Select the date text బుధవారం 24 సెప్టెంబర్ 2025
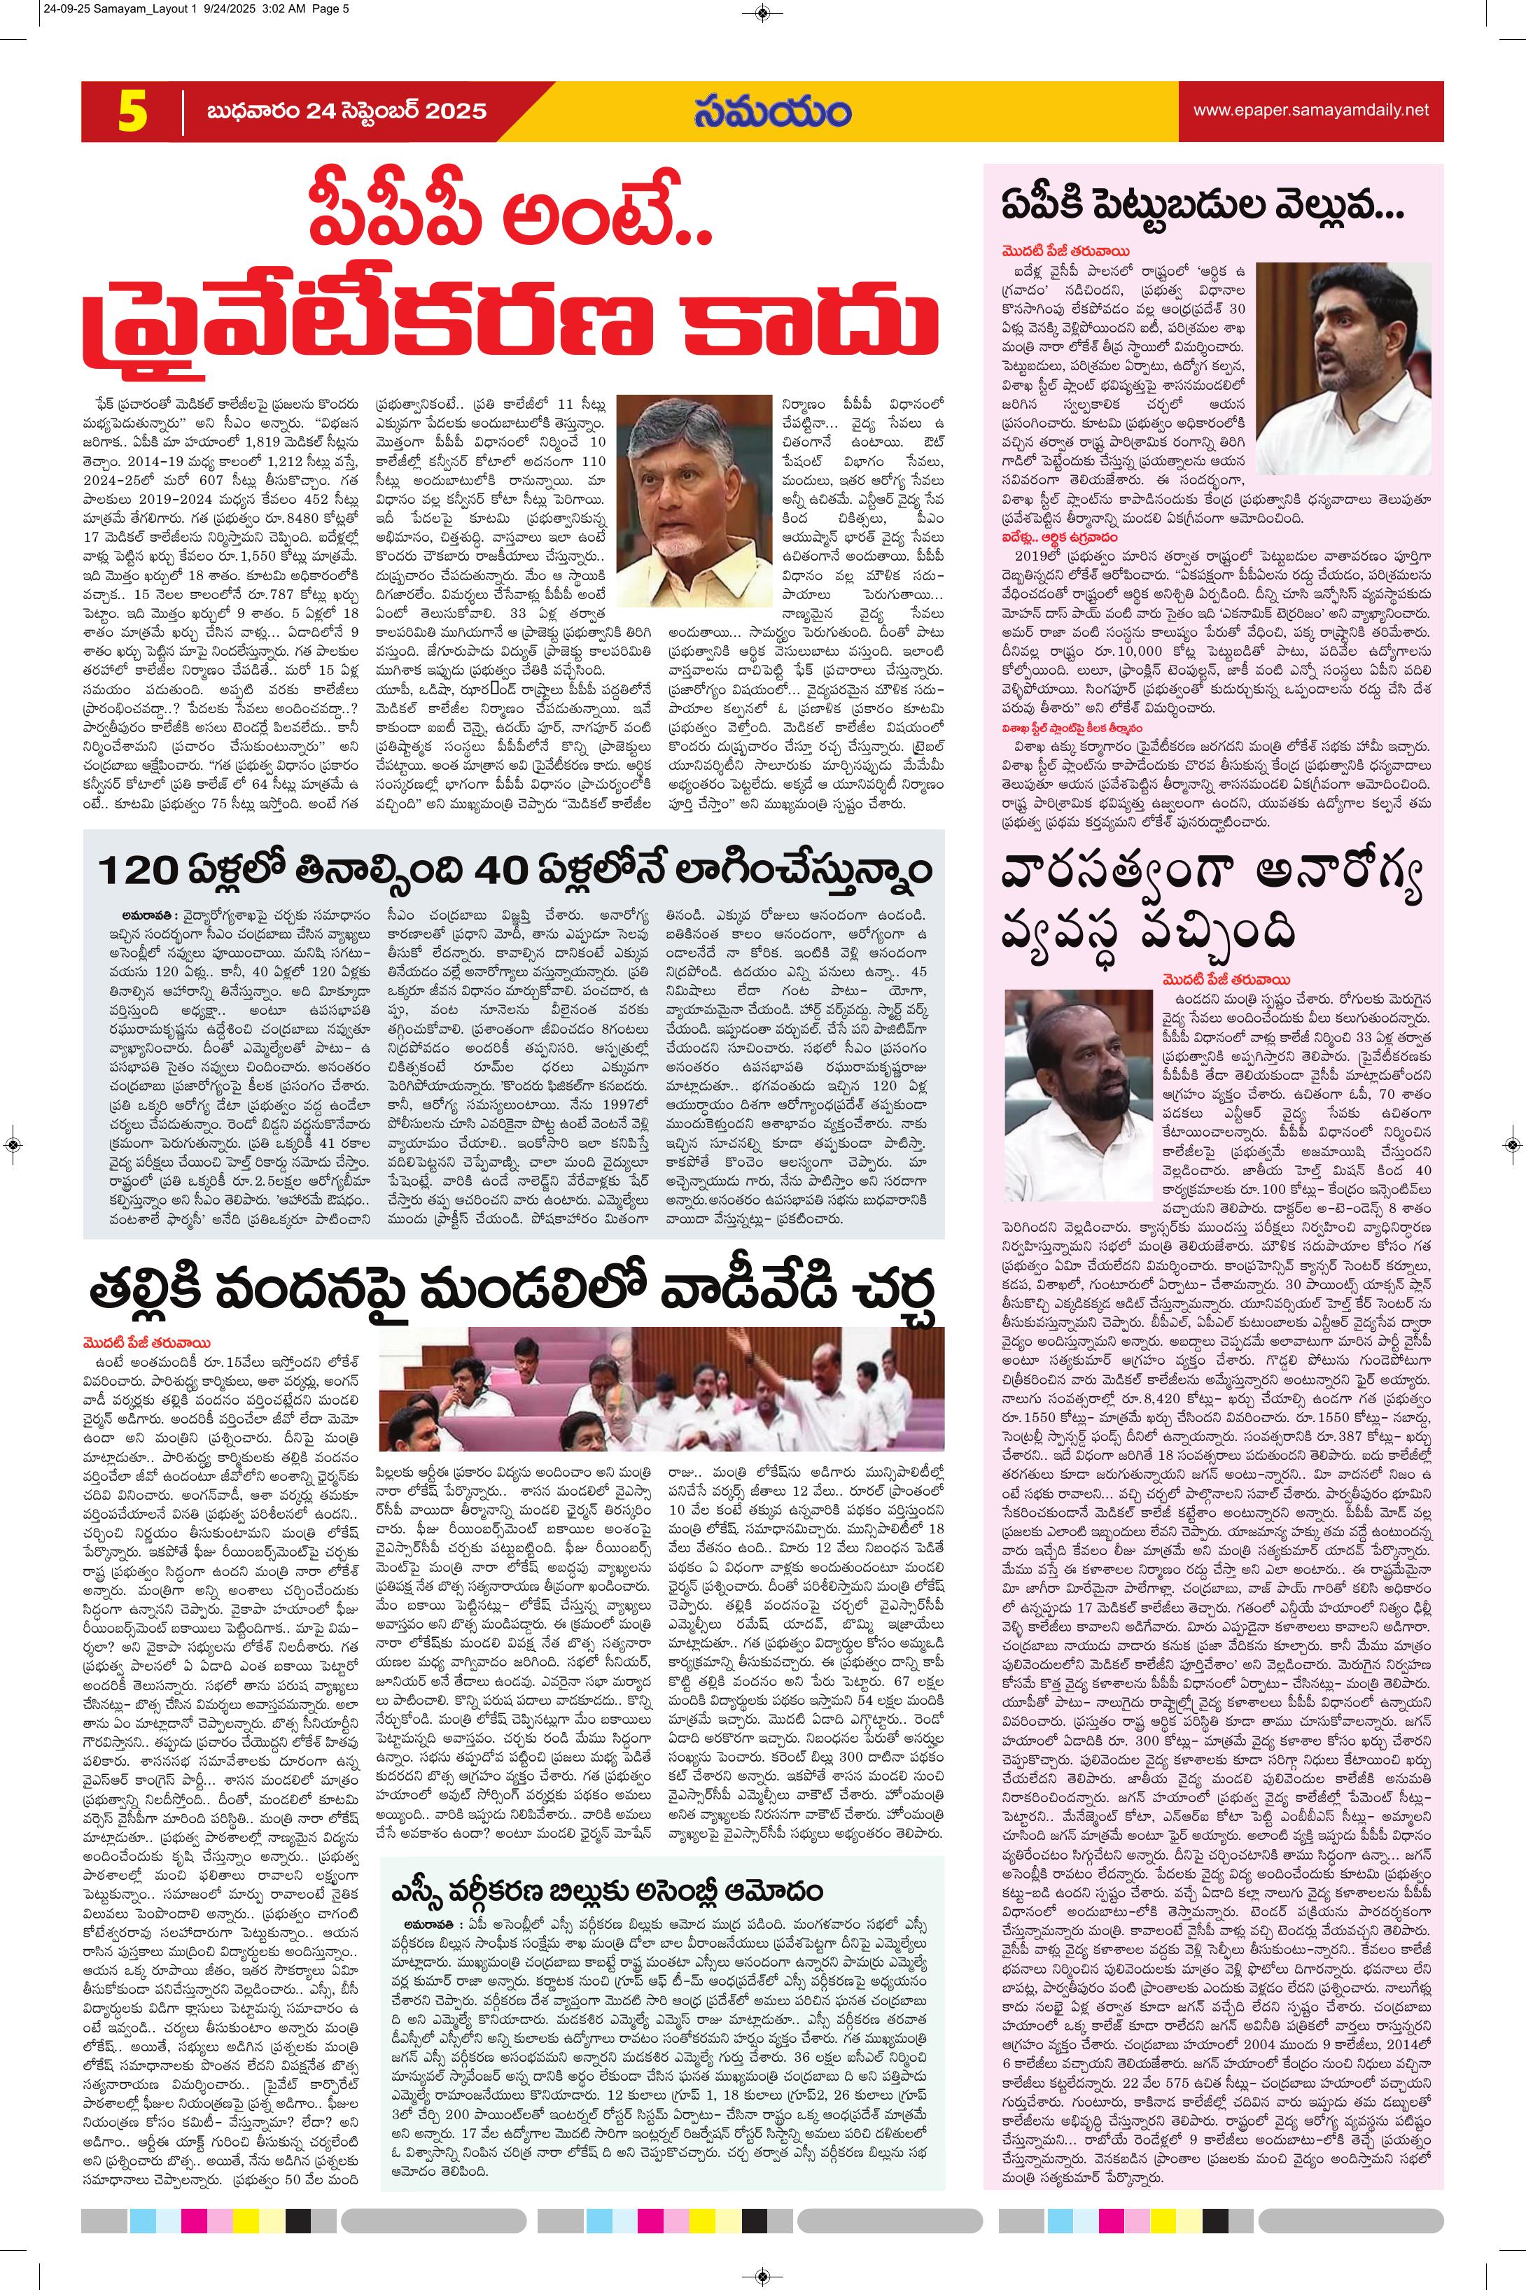coord(346,111)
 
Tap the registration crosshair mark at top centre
coord(763,13)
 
